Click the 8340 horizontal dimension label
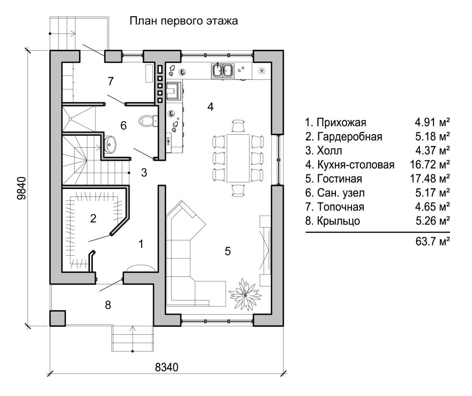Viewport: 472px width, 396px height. (x=167, y=366)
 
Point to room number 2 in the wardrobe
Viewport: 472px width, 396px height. (x=93, y=218)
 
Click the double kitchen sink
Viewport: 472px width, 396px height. (x=222, y=71)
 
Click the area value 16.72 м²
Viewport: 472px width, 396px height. (x=429, y=164)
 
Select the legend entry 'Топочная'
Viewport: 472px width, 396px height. (x=336, y=207)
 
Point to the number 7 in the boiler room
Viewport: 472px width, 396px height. (x=111, y=81)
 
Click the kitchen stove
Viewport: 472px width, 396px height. (x=175, y=90)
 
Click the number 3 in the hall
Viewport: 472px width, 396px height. (x=144, y=173)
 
